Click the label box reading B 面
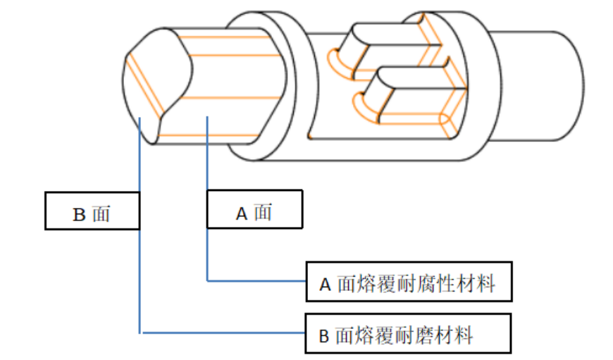click(x=92, y=211)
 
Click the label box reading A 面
click(x=254, y=210)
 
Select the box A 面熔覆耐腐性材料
click(x=407, y=283)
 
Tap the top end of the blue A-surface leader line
click(x=207, y=118)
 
